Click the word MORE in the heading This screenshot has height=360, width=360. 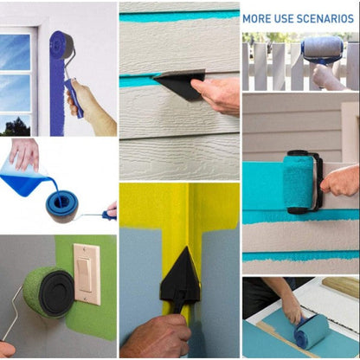[257, 17]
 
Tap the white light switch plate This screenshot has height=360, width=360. [87, 273]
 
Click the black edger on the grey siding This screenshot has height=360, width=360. [180, 84]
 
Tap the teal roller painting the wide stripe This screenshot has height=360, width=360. [299, 183]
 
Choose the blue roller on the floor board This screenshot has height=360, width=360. [312, 331]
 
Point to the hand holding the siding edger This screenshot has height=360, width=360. [217, 94]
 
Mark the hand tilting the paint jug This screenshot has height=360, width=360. [23, 151]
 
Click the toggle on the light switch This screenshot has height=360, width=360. [87, 273]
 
